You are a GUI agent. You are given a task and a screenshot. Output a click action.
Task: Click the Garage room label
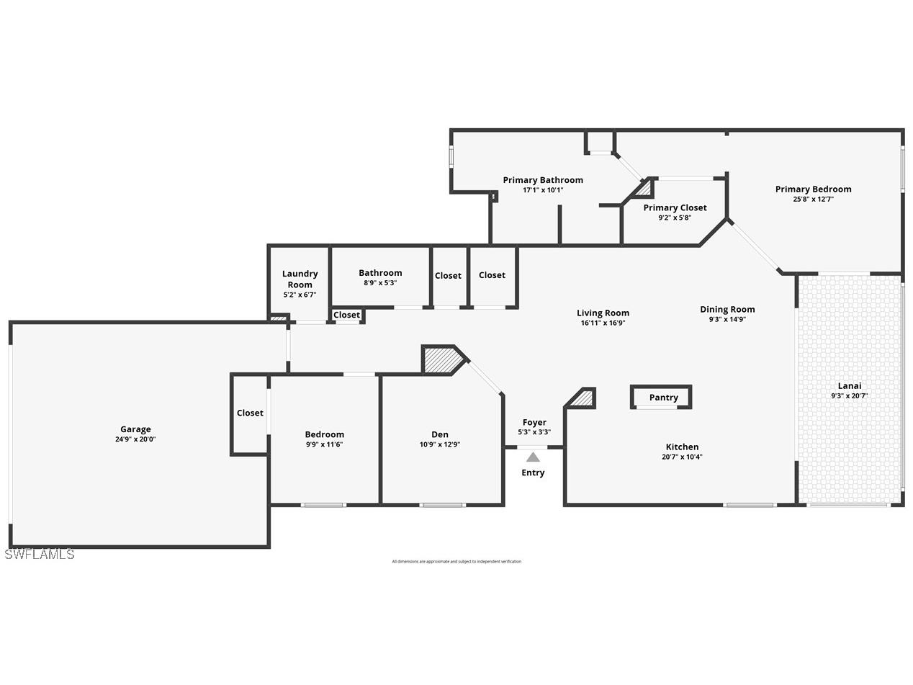[135, 429]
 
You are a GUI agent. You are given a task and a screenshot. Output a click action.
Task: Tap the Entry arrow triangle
[533, 457]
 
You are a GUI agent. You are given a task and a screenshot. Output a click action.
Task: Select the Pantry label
[663, 398]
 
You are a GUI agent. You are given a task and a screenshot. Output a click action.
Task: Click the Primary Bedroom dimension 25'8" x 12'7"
[813, 200]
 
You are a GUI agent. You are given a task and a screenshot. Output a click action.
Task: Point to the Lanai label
[849, 385]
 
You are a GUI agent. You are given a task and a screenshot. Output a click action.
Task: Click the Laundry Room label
[300, 279]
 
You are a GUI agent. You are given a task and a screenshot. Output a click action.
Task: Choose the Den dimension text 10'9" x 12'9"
[439, 444]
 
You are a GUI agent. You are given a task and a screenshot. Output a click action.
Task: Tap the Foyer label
[534, 422]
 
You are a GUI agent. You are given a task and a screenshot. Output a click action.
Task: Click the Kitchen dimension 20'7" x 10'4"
[682, 457]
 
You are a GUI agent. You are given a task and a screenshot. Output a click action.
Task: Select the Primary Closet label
[675, 207]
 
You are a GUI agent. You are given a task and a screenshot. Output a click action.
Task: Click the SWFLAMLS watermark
[39, 554]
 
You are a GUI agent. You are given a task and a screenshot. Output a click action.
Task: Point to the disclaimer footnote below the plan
[456, 561]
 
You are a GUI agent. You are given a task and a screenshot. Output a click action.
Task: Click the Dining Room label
[727, 309]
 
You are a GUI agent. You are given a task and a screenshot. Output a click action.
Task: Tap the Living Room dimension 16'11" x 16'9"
[603, 323]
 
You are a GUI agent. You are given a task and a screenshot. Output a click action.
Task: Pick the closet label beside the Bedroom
[250, 413]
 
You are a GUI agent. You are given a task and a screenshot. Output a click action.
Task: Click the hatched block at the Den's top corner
[438, 359]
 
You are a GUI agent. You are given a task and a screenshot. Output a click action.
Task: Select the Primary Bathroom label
[543, 180]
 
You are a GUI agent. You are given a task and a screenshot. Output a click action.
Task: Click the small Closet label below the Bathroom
[346, 315]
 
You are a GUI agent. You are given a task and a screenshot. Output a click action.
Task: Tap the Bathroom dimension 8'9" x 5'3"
[380, 283]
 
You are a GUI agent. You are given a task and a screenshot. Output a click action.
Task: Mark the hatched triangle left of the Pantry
[584, 398]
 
